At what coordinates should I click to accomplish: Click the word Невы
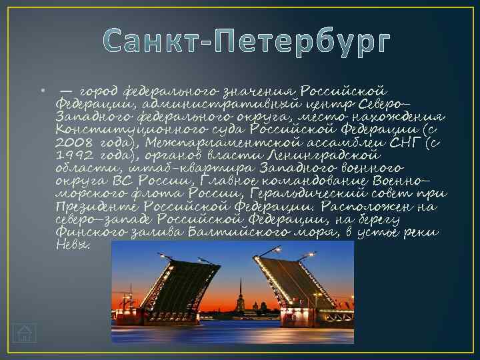(72, 245)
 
